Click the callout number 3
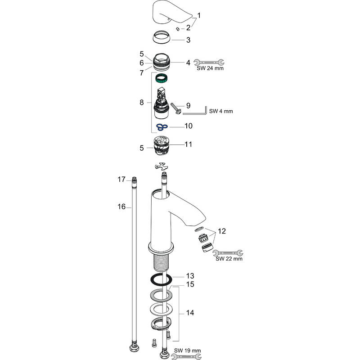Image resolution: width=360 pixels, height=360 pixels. [x=188, y=40]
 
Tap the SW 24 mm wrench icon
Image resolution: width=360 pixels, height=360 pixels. [x=211, y=63]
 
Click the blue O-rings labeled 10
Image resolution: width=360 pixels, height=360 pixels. [x=162, y=128]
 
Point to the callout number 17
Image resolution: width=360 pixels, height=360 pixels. [x=121, y=180]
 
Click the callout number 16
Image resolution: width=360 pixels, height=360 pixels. [x=121, y=207]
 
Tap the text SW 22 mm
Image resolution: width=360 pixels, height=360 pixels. [x=229, y=259]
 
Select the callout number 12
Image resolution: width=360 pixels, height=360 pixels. [x=221, y=231]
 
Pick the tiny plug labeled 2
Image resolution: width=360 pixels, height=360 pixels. [x=179, y=29]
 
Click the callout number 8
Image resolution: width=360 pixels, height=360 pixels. [x=142, y=103]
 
